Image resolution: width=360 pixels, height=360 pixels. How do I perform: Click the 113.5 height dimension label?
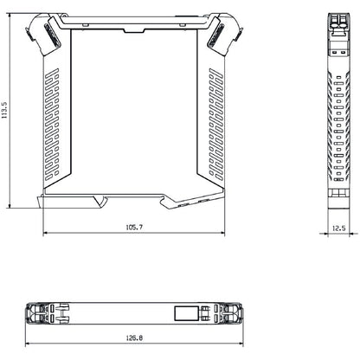5,110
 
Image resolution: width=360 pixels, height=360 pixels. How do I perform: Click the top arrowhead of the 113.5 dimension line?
11,15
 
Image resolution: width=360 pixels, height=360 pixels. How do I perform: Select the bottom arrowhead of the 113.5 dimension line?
11,207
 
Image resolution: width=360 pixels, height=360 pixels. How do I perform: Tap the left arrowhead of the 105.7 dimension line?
44,235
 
